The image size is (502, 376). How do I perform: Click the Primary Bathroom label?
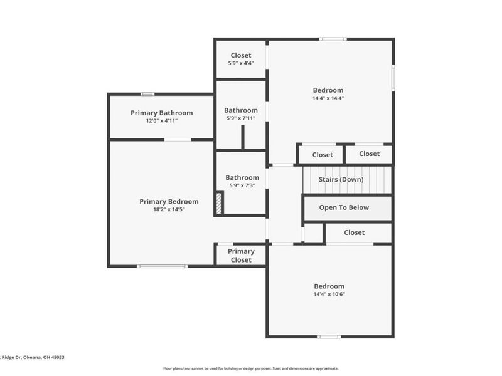[161, 113]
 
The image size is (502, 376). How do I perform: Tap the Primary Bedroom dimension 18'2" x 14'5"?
[168, 209]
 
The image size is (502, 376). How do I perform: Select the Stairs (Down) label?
[341, 180]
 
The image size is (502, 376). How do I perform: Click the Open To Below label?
[344, 207]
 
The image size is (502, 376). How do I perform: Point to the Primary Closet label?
[241, 256]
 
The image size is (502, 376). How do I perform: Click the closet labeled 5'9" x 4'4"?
[241, 63]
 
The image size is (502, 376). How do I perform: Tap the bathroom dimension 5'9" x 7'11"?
[241, 118]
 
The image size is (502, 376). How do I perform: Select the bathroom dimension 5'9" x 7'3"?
[242, 185]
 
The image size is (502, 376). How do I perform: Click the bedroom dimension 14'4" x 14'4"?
[328, 98]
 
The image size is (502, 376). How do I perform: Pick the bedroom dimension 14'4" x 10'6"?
[329, 294]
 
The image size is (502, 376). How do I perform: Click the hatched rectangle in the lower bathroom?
[219, 204]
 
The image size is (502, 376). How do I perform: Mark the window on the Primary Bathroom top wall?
[147, 94]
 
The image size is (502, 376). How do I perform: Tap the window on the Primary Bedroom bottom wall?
[162, 266]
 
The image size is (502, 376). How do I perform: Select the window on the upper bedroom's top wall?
[333, 39]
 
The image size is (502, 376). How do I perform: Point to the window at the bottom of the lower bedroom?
[329, 337]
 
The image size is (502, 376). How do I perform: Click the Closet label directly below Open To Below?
[354, 232]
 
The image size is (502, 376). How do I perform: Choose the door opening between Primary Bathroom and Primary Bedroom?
[178, 139]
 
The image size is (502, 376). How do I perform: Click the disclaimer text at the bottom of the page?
[251, 368]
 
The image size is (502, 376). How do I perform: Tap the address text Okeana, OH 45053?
[44, 357]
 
